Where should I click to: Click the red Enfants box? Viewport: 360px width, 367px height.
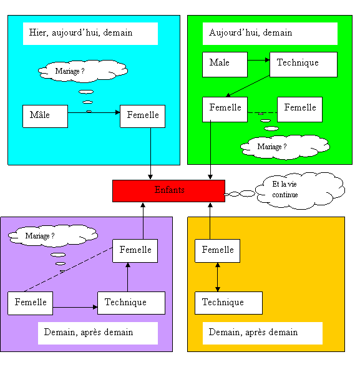tap(168, 191)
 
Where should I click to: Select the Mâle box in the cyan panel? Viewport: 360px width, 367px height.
tap(45, 116)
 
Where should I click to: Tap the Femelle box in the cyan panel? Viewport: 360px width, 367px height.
tap(142, 116)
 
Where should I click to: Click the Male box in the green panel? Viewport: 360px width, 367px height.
tap(225, 64)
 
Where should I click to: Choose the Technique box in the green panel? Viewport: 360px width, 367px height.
tap(303, 64)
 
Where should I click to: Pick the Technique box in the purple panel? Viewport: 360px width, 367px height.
tap(131, 303)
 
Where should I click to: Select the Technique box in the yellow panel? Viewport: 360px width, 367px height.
tap(228, 303)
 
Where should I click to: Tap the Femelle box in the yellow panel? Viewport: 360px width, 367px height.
tap(217, 251)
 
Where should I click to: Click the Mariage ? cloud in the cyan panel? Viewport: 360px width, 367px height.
tap(83, 71)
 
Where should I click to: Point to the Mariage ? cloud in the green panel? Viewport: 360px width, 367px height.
tap(285, 147)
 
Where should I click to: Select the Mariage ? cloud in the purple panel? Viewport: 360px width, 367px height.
tap(53, 236)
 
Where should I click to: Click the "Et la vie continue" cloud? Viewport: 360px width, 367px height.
tap(300, 190)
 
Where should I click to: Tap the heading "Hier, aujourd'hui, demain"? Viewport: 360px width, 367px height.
tap(80, 32)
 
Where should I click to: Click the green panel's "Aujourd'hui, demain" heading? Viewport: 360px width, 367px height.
tap(251, 32)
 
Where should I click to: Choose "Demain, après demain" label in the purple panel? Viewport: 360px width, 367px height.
tap(89, 332)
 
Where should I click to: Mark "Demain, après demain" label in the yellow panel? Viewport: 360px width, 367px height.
tap(253, 332)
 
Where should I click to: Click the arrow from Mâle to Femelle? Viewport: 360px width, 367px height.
tap(94, 112)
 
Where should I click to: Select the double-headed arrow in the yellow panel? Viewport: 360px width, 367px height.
tap(218, 277)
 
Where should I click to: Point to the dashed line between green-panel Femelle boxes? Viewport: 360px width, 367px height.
tap(262, 112)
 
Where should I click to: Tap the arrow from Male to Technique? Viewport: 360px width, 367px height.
tap(258, 60)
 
